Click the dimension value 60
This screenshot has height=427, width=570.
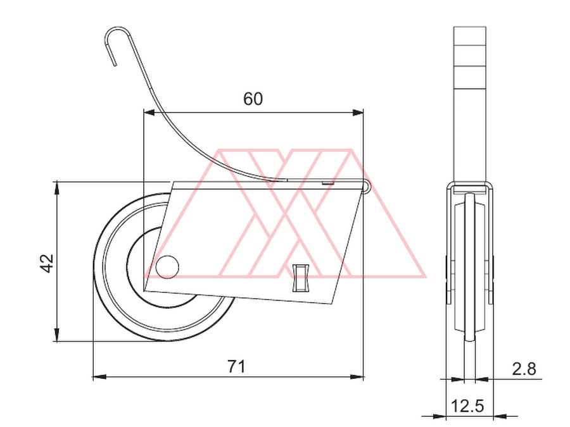253,99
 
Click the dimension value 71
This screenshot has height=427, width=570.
236,366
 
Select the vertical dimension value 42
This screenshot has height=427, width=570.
46,263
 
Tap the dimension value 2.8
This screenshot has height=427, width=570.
524,369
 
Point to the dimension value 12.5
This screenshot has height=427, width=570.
467,405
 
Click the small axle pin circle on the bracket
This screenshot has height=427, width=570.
167,267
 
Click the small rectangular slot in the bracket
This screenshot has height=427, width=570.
301,278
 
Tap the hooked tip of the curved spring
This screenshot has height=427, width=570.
115,65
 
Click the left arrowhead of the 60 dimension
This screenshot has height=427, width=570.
149,113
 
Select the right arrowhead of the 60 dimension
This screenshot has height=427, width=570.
358,113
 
